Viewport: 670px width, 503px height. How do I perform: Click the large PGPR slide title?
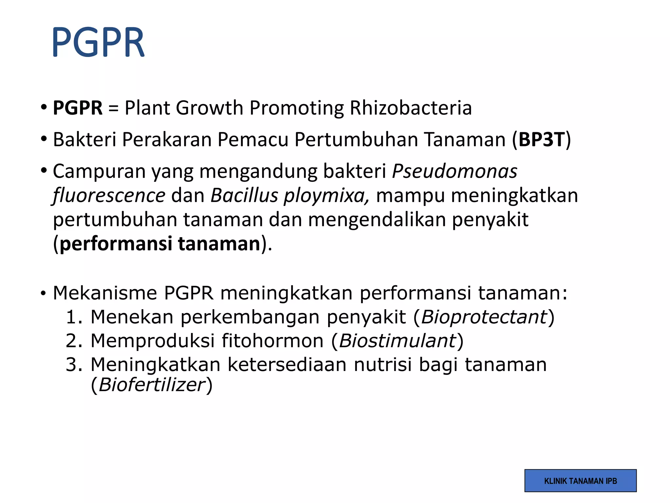(98, 43)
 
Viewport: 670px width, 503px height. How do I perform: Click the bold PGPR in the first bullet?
(78, 108)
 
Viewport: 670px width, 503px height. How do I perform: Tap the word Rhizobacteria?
(411, 108)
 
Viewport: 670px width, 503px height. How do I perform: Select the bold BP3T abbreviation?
(542, 140)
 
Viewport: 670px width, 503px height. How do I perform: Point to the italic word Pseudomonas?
(454, 171)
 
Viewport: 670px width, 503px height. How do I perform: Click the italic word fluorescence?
(109, 196)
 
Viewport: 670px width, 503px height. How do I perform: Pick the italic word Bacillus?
(244, 196)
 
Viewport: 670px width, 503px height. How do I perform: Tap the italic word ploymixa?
(326, 196)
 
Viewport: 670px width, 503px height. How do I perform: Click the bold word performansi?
(116, 244)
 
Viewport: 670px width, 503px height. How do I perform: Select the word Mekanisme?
(105, 293)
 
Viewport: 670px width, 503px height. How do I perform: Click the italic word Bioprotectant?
(484, 317)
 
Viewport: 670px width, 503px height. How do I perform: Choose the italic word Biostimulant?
(397, 341)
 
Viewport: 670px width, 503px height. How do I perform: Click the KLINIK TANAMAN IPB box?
(580, 481)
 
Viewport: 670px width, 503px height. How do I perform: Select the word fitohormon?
(273, 341)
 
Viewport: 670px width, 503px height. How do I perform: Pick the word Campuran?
(99, 171)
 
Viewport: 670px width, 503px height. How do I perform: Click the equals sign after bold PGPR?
(113, 108)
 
